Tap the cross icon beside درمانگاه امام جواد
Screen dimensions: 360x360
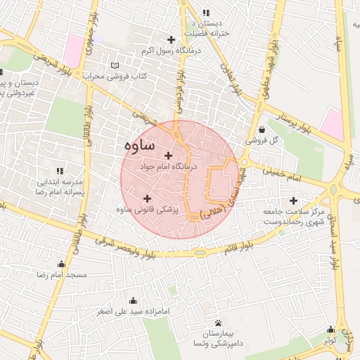pyautogui.click(x=167, y=155)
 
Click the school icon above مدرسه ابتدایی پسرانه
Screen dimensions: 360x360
pyautogui.click(x=60, y=171)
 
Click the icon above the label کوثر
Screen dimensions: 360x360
pyautogui.click(x=330, y=329)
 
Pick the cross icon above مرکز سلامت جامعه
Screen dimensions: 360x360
pyautogui.click(x=293, y=200)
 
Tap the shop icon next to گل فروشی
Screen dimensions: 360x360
pyautogui.click(x=262, y=129)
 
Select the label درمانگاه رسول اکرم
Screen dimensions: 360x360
pyautogui.click(x=167, y=51)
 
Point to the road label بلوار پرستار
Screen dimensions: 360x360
pyautogui.click(x=297, y=120)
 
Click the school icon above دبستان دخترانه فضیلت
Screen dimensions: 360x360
pyautogui.click(x=205, y=13)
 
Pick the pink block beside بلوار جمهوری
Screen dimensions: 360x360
pyautogui.click(x=73, y=51)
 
